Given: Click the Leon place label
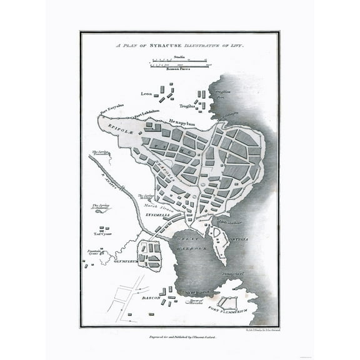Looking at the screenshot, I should (x=147, y=94).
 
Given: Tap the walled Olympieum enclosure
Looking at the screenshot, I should (x=149, y=253).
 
